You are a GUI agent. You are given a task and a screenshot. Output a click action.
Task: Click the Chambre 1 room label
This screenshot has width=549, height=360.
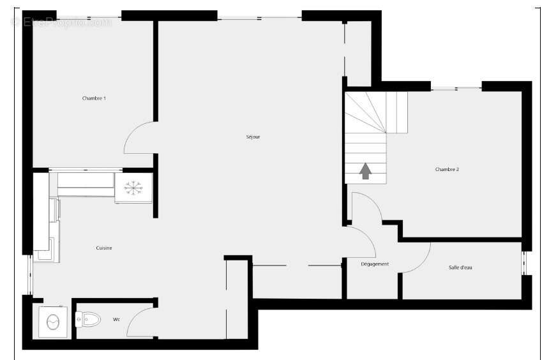pyautogui.click(x=94, y=98)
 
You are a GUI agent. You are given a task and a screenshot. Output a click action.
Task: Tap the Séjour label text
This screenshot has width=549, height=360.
pyautogui.click(x=253, y=137)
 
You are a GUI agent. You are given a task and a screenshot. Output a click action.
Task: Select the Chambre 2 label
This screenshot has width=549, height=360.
pyautogui.click(x=447, y=169)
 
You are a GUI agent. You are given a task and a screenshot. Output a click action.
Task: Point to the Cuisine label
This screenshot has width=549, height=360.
pyautogui.click(x=104, y=248)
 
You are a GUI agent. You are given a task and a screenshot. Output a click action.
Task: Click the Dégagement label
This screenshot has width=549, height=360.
pyautogui.click(x=375, y=264)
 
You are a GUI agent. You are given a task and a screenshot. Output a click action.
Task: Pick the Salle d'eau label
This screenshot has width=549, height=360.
pyautogui.click(x=460, y=267)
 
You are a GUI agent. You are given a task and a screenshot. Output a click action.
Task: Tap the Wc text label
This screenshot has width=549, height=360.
pyautogui.click(x=116, y=319)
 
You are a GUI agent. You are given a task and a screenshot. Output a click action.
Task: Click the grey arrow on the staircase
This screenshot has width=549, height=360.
pyautogui.click(x=365, y=171)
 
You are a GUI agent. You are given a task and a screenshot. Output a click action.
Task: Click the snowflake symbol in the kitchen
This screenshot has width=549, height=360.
pyautogui.click(x=133, y=187)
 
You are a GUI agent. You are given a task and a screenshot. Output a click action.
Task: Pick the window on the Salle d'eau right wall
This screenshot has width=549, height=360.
pyautogui.click(x=525, y=262)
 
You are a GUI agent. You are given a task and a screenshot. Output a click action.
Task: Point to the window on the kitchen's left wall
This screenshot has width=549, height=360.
pyautogui.click(x=29, y=275)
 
